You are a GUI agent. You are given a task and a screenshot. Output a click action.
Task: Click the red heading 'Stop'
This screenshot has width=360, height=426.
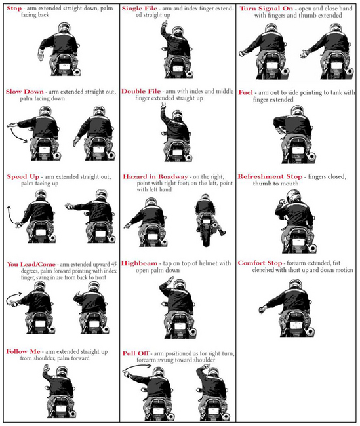click(14, 8)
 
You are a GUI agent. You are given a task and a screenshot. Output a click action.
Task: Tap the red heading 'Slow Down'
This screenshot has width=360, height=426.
click(25, 92)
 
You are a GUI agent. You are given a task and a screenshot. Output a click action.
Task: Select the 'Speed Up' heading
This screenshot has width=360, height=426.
click(23, 176)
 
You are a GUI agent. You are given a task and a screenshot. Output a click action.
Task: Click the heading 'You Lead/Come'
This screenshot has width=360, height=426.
click(31, 264)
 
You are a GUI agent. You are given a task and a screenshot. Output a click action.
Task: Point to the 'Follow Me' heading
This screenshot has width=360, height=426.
click(23, 351)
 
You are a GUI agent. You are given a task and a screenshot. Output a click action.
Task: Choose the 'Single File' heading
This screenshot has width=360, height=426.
click(140, 8)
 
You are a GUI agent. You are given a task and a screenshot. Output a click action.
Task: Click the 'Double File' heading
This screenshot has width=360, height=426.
click(141, 91)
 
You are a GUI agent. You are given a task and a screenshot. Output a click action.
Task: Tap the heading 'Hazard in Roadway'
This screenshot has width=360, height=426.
click(155, 176)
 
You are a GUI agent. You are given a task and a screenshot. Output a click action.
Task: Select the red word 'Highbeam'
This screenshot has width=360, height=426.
click(139, 263)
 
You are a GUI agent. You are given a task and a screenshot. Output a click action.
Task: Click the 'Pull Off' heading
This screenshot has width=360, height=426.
click(136, 353)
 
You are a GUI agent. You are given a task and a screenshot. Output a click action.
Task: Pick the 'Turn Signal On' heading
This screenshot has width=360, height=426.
click(266, 9)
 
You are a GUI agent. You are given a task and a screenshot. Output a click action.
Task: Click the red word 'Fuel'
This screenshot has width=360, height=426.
click(246, 92)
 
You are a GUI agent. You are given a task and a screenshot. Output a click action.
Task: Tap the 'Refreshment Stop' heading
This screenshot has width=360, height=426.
click(270, 176)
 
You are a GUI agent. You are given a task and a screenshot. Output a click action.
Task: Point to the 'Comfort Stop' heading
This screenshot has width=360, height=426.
click(260, 263)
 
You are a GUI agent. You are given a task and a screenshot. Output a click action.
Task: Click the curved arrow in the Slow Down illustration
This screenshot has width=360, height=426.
click(18, 136)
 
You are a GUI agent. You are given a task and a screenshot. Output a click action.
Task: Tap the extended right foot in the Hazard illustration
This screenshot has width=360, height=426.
click(222, 232)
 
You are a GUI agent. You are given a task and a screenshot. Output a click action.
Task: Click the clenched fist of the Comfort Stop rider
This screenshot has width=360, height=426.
click(262, 309)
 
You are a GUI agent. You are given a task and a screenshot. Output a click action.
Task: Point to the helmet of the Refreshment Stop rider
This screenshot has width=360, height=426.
click(294, 196)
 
